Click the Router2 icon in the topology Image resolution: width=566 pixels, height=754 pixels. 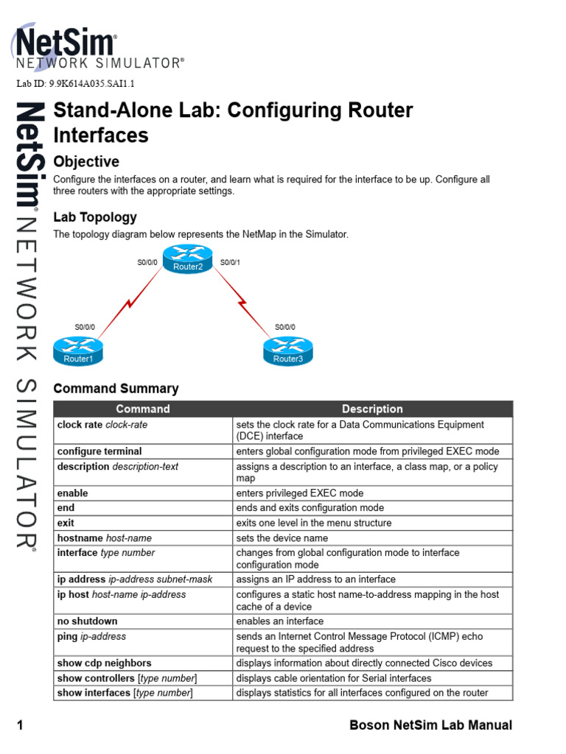(x=188, y=257)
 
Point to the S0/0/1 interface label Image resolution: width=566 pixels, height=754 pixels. (x=231, y=262)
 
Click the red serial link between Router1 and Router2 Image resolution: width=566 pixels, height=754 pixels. (x=130, y=303)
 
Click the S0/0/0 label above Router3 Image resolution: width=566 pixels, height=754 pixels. (x=285, y=327)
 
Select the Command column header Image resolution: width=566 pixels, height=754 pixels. (x=143, y=409)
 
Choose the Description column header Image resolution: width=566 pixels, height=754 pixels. (x=372, y=409)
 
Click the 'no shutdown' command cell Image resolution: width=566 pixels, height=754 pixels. (x=88, y=621)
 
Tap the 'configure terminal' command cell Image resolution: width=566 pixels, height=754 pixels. (x=99, y=451)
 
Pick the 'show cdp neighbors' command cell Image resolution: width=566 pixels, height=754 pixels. (x=104, y=663)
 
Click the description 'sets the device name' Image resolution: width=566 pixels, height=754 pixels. (x=282, y=538)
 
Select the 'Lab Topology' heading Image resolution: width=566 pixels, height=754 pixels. (x=95, y=217)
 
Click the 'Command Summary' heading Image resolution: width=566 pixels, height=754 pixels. (x=116, y=388)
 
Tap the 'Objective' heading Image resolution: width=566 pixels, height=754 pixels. (x=86, y=161)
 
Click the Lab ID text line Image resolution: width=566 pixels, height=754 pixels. (x=76, y=84)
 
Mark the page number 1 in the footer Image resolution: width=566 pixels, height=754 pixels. (x=21, y=725)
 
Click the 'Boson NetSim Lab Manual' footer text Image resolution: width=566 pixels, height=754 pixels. (x=430, y=725)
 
